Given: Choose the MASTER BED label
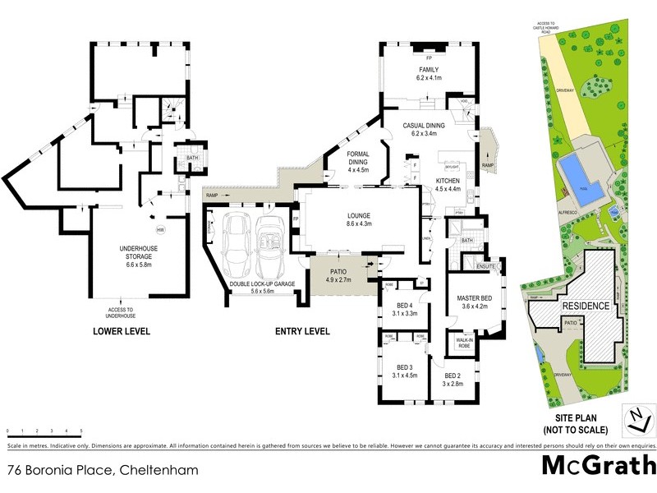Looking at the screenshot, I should [475, 297].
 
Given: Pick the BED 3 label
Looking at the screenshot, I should [405, 368].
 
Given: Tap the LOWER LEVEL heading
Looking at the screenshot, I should [121, 331].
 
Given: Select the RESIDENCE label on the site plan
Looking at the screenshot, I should [586, 306].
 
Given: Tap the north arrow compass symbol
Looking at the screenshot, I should [637, 419].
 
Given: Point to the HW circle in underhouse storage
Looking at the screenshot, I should [161, 229].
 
